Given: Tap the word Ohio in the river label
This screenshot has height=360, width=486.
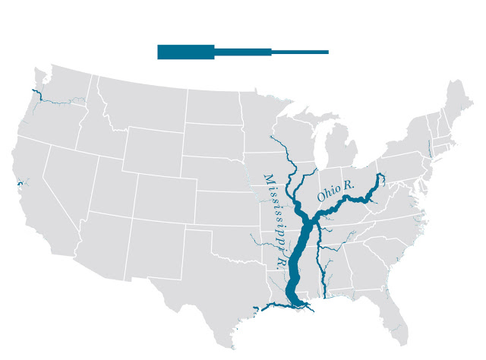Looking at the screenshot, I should (327, 194).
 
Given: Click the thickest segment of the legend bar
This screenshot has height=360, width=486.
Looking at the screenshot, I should (186, 52).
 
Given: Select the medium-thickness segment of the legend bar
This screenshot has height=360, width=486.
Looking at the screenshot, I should (243, 52).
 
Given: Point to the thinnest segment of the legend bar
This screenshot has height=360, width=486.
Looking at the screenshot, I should (299, 52).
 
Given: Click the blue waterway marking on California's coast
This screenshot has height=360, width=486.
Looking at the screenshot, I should (16, 185).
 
